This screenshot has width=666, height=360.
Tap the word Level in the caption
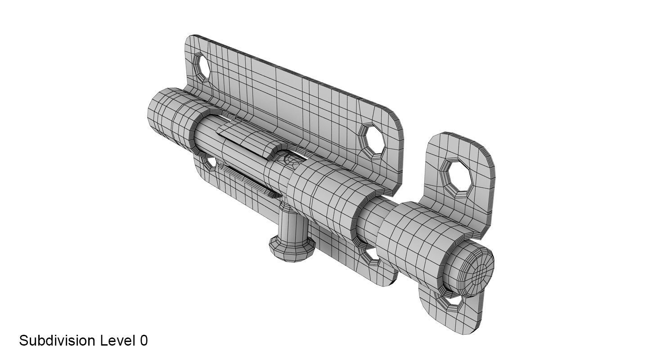click(x=117, y=341)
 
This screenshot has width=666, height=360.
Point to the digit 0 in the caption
click(x=144, y=341)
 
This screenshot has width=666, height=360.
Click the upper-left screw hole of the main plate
click(x=202, y=67)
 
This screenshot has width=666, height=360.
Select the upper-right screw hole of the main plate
click(x=373, y=140)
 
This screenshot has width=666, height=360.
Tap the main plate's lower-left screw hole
click(x=210, y=162)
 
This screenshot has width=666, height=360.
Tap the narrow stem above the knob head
click(x=293, y=225)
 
